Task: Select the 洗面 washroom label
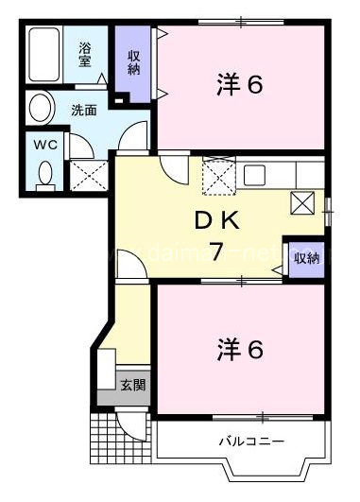pyautogui.click(x=84, y=109)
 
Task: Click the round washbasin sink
pyautogui.click(x=40, y=107)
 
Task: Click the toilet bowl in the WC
pyautogui.click(x=44, y=173)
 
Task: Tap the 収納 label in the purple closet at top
pyautogui.click(x=134, y=61)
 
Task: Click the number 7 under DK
pyautogui.click(x=216, y=252)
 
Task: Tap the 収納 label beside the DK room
pyautogui.click(x=306, y=258)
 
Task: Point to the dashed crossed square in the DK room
pyautogui.click(x=217, y=175)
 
